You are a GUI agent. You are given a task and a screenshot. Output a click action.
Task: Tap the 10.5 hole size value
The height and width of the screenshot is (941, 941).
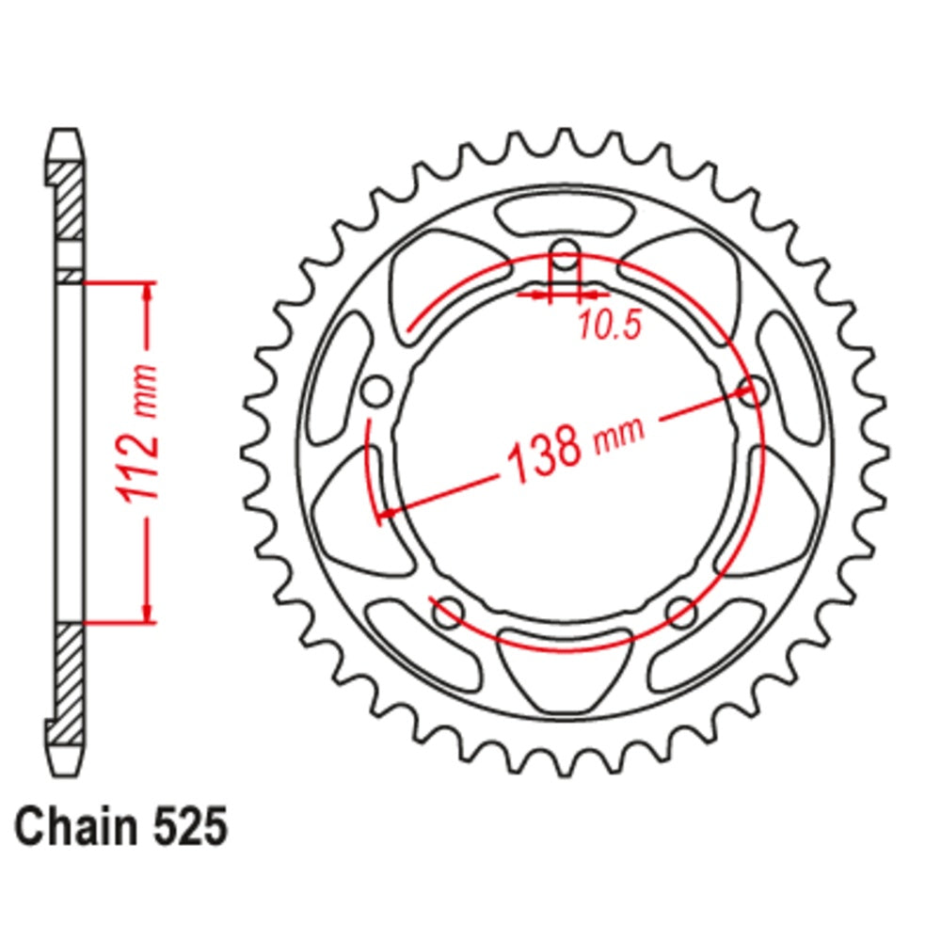coord(609,324)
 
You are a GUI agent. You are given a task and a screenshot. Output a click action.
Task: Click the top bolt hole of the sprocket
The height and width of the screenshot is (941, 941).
coord(565,252)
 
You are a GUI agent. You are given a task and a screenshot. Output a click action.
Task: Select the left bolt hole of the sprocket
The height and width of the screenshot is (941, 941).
coord(375,391)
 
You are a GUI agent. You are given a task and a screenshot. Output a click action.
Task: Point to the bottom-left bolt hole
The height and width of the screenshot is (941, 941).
coord(448,612)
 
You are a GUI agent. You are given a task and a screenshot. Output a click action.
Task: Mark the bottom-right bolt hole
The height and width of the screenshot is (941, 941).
coord(680,612)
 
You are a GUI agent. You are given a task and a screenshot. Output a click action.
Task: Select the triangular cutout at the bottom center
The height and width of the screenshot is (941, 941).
coord(565,670)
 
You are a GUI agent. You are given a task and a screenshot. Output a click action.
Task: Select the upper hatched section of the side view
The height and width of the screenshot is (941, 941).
coord(66,202)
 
